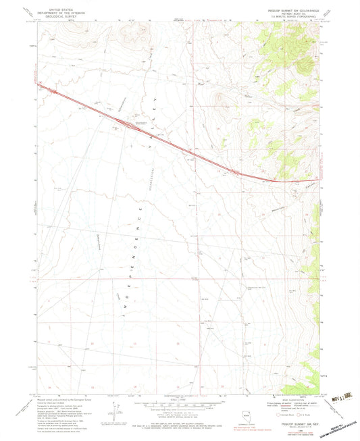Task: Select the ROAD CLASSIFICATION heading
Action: coord(282,397)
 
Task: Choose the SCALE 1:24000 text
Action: coord(180,398)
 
